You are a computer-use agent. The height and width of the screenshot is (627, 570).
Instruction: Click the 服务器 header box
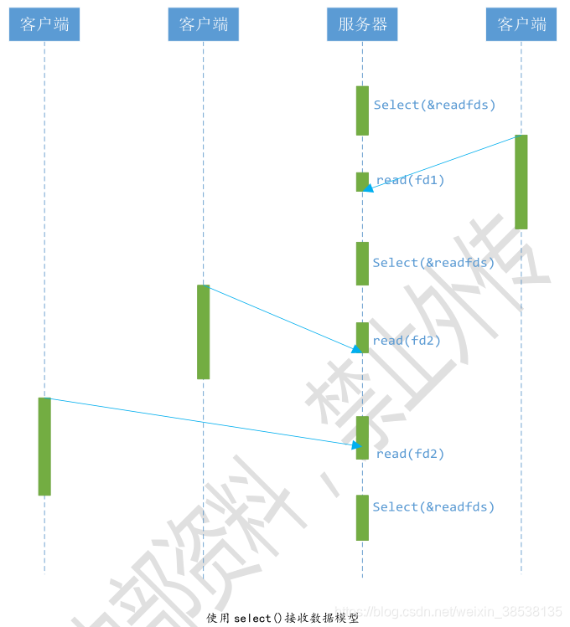coord(362,24)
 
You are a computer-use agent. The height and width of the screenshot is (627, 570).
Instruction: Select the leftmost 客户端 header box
coord(44,24)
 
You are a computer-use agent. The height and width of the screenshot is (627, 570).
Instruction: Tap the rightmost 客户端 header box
coord(521,24)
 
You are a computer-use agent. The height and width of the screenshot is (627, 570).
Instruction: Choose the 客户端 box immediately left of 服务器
coord(203,24)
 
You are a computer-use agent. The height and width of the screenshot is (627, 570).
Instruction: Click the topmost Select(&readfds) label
coord(434,105)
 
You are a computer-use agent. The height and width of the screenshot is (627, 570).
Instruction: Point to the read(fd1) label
coord(410,180)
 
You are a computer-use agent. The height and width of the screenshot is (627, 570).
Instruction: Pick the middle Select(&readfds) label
coord(433,263)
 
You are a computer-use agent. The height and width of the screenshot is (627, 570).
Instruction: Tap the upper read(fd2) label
coord(407,341)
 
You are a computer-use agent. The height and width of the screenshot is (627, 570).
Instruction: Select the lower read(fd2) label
coord(410,454)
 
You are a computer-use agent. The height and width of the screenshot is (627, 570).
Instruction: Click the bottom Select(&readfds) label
coord(433,506)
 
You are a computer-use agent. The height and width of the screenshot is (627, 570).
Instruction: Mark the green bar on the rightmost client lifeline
coord(521,182)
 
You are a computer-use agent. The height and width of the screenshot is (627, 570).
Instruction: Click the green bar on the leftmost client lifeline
coord(44,446)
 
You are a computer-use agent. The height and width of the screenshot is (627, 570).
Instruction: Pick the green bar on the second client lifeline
coord(203,331)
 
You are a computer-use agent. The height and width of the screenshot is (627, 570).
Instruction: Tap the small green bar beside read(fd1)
coord(362,182)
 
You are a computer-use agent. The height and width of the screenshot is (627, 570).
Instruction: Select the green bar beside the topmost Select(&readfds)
coord(362,110)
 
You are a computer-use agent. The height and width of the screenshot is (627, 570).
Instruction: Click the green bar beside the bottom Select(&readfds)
coord(362,517)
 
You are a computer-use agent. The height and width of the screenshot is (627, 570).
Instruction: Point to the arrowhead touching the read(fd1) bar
coord(369,188)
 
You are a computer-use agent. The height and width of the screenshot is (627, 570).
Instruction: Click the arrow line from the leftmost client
coord(201,421)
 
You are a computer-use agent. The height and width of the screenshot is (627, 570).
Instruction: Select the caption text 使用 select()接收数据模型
coord(282,619)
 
